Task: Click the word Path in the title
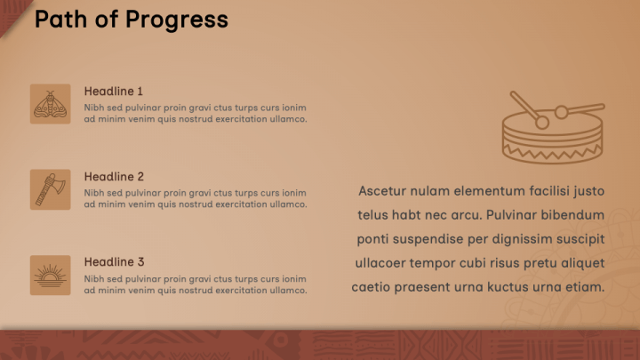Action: click(x=60, y=20)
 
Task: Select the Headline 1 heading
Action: click(x=114, y=92)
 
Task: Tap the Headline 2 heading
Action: click(x=114, y=177)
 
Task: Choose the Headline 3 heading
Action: click(x=114, y=262)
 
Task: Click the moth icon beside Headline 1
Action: click(x=50, y=104)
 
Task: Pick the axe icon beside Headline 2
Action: click(x=50, y=189)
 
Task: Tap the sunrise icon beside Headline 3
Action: click(x=50, y=275)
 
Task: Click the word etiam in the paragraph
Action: click(x=584, y=287)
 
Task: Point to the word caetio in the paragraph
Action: click(x=375, y=287)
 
